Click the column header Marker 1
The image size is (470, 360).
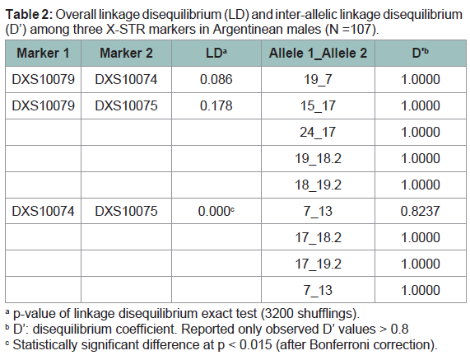click(x=43, y=53)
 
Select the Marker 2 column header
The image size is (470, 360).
click(x=126, y=53)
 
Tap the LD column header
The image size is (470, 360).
click(x=216, y=53)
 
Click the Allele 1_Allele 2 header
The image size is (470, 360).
click(x=318, y=53)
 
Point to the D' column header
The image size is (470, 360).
click(x=421, y=53)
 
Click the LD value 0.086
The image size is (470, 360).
click(x=216, y=80)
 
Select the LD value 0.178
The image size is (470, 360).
click(x=216, y=106)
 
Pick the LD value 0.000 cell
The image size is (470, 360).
click(x=216, y=211)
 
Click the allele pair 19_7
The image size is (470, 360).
click(x=318, y=80)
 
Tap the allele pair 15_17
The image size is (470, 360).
click(x=318, y=106)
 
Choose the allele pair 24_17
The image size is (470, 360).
click(x=318, y=133)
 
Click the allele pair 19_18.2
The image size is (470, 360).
click(x=318, y=159)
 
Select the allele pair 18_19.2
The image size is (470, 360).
click(x=318, y=185)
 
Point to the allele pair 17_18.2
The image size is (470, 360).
click(x=318, y=238)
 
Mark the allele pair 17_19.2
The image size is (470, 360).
click(x=318, y=264)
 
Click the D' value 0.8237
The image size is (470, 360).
click(x=421, y=211)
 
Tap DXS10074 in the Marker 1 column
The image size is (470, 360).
click(x=43, y=211)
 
